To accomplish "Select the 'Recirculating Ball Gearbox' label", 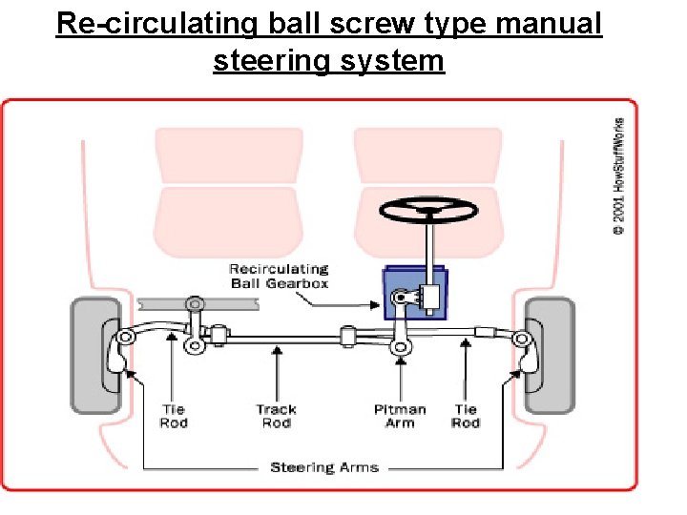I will [x=279, y=276].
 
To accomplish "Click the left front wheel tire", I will [x=95, y=354].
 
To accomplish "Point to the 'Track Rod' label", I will [x=277, y=416].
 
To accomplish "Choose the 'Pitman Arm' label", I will [x=400, y=416].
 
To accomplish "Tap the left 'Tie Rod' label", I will [x=173, y=416].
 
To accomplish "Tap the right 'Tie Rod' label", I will [x=466, y=416].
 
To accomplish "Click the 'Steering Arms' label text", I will [x=323, y=467].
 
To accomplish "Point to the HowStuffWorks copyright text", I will [x=619, y=175].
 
